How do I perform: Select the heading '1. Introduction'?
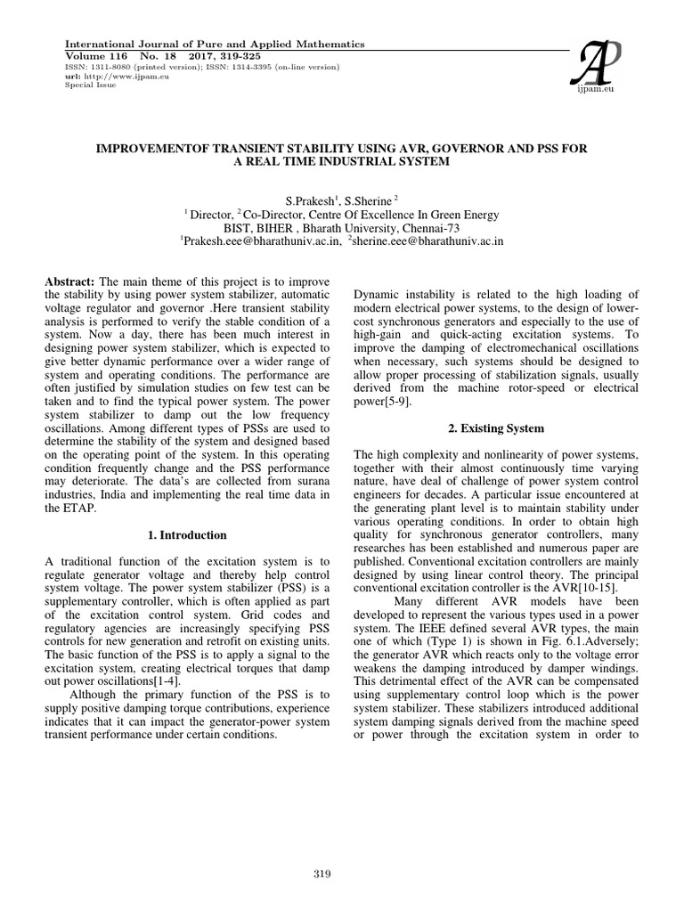click(x=187, y=535)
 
